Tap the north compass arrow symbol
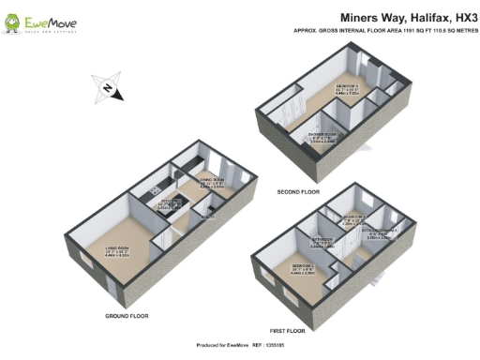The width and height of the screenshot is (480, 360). point(108,89)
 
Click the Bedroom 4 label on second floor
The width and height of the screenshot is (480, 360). point(348,91)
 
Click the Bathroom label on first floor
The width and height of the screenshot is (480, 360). point(328,239)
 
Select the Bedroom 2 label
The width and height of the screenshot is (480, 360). point(353,217)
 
